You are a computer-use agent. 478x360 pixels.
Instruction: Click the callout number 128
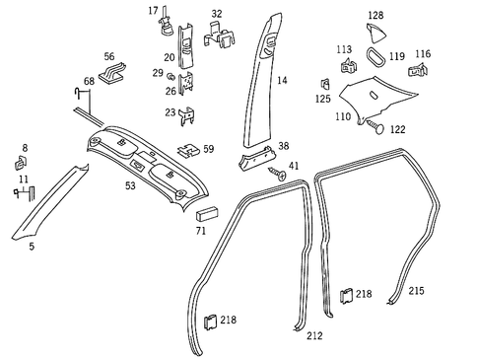tap(375, 15)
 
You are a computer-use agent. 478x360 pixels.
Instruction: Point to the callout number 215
tap(416, 291)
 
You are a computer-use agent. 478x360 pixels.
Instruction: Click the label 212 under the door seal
tap(314, 335)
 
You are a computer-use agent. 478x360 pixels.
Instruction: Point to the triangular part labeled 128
tap(376, 35)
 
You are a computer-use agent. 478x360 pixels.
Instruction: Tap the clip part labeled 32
tap(219, 37)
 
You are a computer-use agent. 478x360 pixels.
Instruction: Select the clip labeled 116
tap(421, 71)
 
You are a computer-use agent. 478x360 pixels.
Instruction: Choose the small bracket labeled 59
tap(187, 151)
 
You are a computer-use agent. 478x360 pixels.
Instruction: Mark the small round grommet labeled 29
tap(170, 74)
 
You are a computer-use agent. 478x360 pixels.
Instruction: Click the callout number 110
tap(342, 116)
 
